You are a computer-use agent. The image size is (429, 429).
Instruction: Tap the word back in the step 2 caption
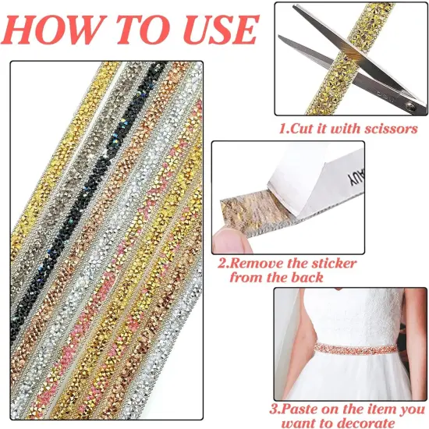coord(303,278)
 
